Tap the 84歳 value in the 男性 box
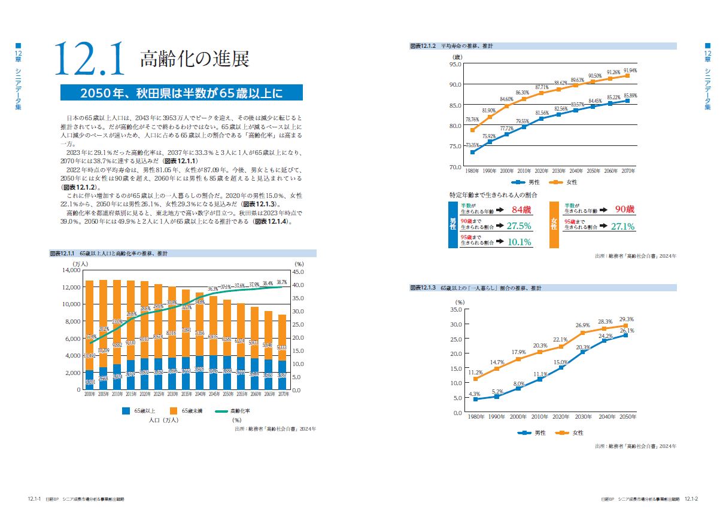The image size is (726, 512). [x=521, y=210]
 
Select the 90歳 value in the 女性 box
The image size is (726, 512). [x=625, y=209]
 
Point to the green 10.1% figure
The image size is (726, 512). [x=519, y=242]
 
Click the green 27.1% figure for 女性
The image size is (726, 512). [x=622, y=227]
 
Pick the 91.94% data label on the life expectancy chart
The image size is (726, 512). [x=630, y=70]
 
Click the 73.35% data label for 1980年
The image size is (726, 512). [x=472, y=145]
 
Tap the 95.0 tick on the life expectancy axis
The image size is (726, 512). [x=455, y=64]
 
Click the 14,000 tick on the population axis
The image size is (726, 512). [x=69, y=270]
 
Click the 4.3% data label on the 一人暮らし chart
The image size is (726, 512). [x=474, y=394]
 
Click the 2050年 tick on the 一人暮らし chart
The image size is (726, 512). [x=627, y=416]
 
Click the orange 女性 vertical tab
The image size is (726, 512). [x=554, y=224]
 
